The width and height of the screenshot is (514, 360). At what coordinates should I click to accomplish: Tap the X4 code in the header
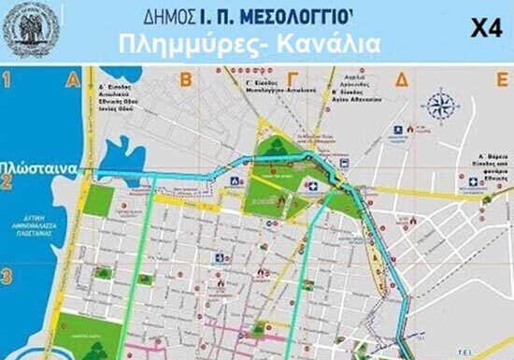[x=479, y=28]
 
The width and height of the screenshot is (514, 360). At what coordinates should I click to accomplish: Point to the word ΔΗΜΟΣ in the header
[x=165, y=16]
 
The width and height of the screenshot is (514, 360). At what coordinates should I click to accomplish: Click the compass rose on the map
[x=442, y=104]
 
